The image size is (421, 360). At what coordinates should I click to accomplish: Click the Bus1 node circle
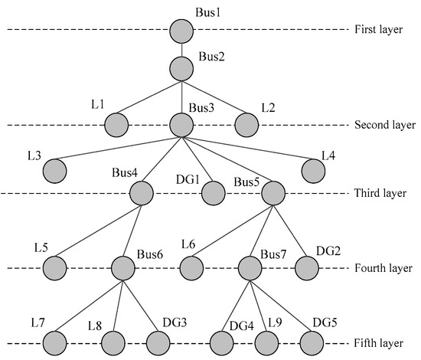coord(181,31)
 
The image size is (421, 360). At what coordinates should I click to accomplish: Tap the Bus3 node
coord(181,125)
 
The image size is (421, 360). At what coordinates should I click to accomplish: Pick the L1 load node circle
coord(116,125)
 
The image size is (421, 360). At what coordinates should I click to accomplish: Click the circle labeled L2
coord(246,125)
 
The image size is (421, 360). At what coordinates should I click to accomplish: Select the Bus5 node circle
coord(273,193)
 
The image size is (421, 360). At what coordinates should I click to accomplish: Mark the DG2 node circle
coord(307,268)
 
